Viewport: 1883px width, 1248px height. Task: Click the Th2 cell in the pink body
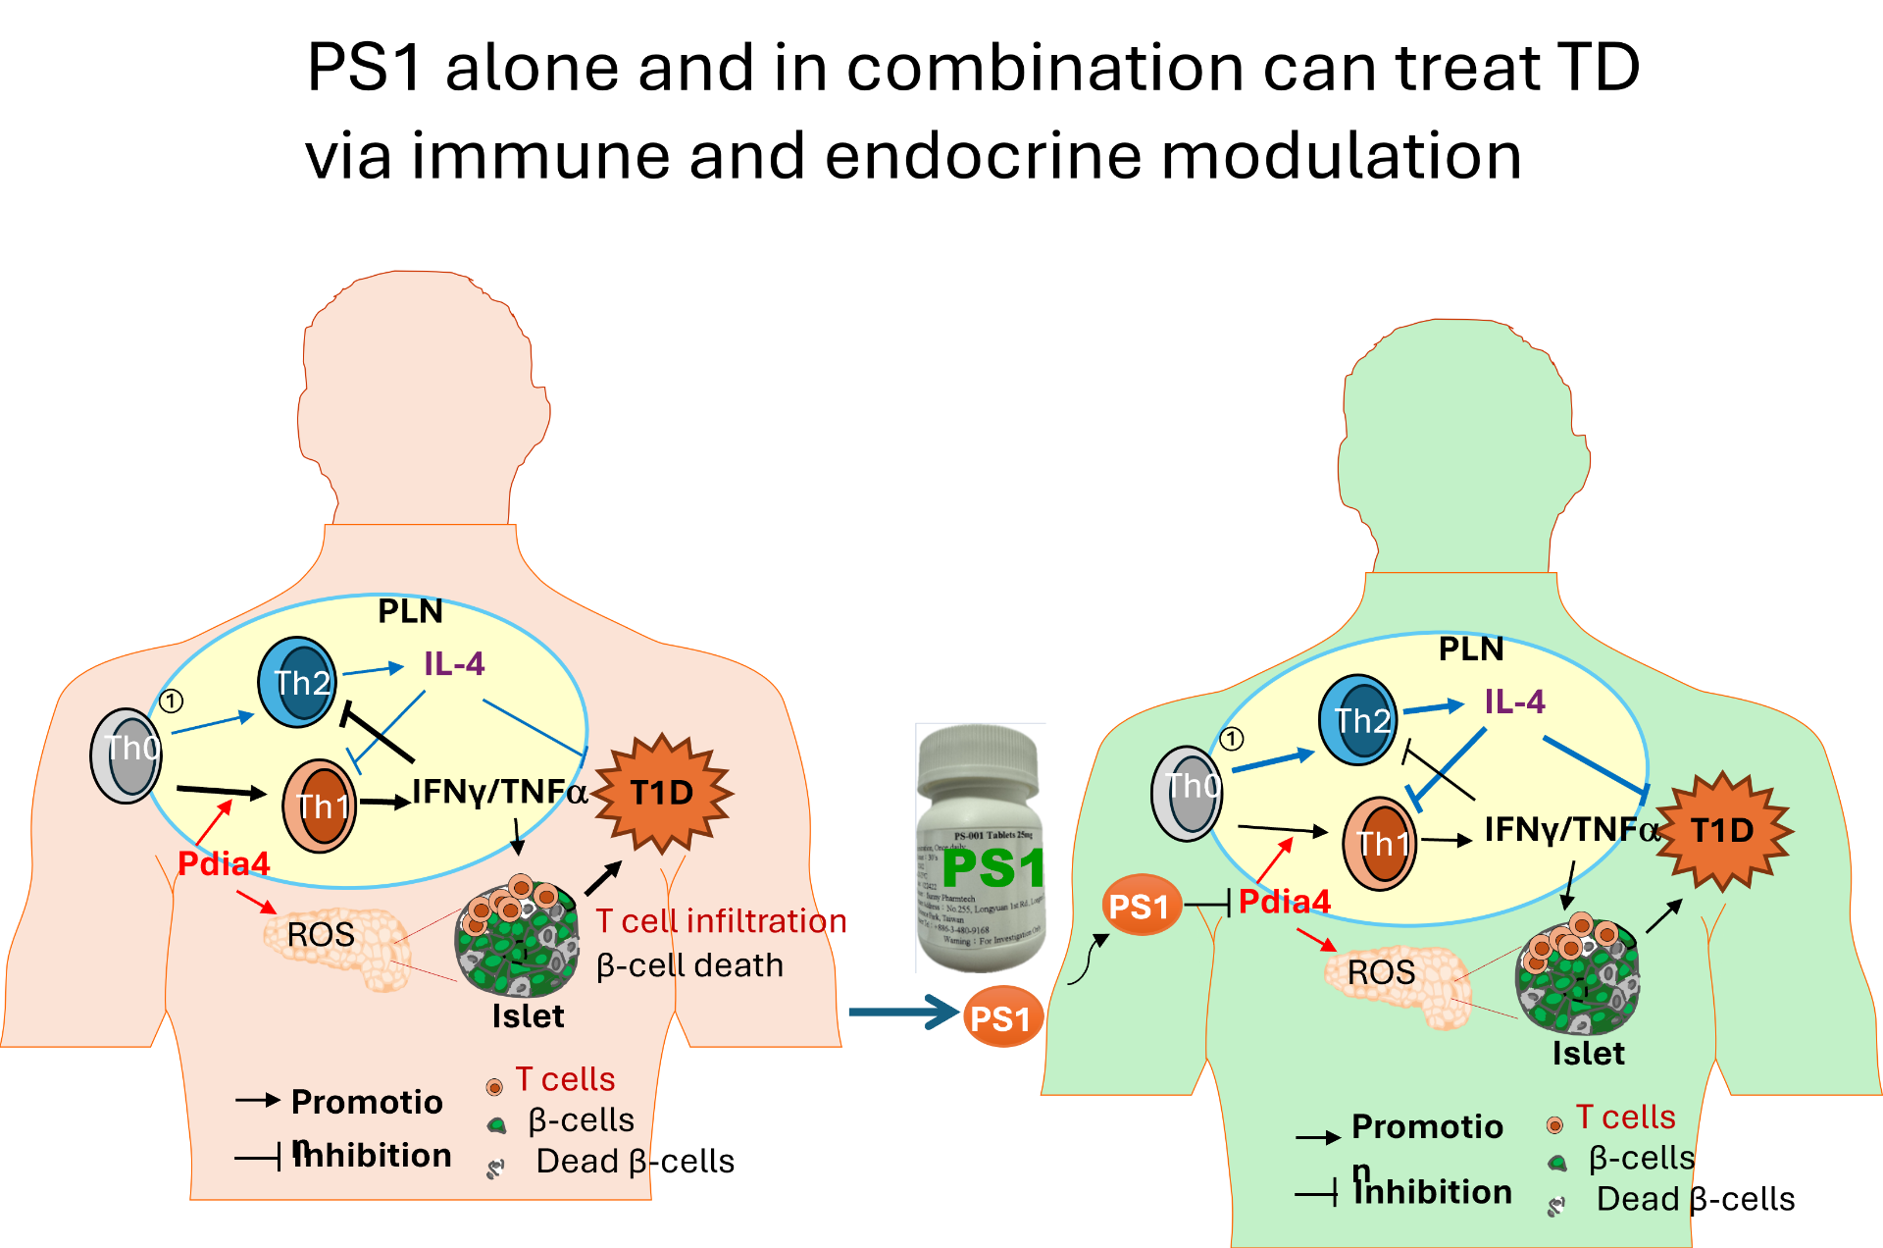pos(297,682)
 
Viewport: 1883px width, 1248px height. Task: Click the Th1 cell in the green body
pos(1379,843)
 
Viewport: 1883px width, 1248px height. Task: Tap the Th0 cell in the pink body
pos(127,754)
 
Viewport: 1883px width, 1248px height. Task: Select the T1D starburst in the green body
pos(1723,831)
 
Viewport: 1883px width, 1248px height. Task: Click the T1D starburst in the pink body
pos(662,793)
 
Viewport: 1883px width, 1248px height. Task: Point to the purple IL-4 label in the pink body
pos(454,664)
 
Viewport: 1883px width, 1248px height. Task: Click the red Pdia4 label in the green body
pos(1285,902)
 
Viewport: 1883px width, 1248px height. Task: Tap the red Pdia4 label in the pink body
pos(224,864)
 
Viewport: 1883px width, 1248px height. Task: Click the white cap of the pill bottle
pos(980,757)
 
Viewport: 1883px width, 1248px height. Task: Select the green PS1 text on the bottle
pos(992,868)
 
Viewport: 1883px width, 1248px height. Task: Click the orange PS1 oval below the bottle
pos(1001,1017)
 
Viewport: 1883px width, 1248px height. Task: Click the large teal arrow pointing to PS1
pos(902,1012)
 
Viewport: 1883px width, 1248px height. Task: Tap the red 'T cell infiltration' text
pos(722,921)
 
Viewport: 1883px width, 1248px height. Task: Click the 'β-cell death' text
pos(689,965)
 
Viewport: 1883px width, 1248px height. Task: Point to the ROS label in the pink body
pos(321,934)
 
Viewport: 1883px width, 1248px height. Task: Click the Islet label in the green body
pos(1588,1054)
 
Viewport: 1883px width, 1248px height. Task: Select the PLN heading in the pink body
pos(410,611)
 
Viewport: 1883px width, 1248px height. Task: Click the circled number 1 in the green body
pos(1232,739)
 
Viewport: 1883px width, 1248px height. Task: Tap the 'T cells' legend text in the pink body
pos(566,1079)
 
